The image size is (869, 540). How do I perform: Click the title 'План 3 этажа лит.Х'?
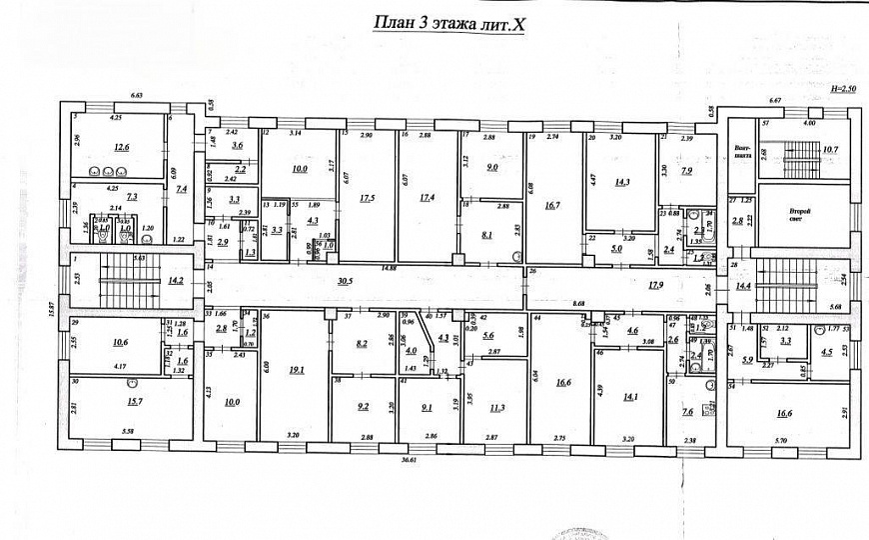(448, 22)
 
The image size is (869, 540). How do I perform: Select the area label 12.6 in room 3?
(121, 148)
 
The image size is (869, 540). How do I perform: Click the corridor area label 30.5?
(346, 281)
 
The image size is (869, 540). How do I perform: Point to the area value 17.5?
(366, 198)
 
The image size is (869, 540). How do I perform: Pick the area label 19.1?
(297, 370)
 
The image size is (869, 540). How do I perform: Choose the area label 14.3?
(623, 183)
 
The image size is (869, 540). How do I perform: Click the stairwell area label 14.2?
(176, 281)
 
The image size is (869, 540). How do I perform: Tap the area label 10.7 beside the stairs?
(829, 150)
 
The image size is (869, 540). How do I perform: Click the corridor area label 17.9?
(655, 286)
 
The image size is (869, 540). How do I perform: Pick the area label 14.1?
(630, 395)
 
